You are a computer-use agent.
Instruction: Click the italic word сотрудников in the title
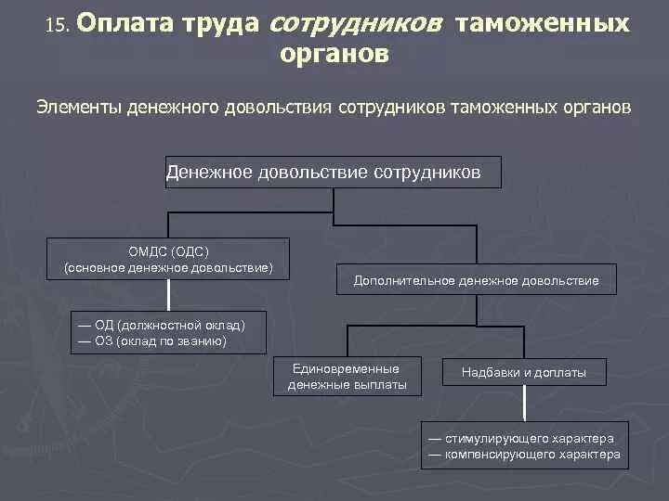[x=354, y=24]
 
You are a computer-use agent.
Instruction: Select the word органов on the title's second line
[x=334, y=55]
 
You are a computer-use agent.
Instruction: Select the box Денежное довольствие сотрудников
[x=333, y=173]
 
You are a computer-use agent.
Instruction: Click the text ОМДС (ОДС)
[x=168, y=251]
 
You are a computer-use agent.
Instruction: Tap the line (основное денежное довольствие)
[x=168, y=267]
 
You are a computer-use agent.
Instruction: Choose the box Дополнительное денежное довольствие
[x=476, y=280]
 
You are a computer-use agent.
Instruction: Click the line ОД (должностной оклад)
[x=162, y=326]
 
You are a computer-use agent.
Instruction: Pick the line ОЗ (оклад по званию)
[x=152, y=340]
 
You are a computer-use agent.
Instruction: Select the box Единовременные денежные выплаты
[x=348, y=377]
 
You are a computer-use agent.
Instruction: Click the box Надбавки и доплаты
[x=524, y=373]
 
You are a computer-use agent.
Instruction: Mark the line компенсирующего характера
[x=523, y=455]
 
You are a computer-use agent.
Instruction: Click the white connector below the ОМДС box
[x=168, y=294]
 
